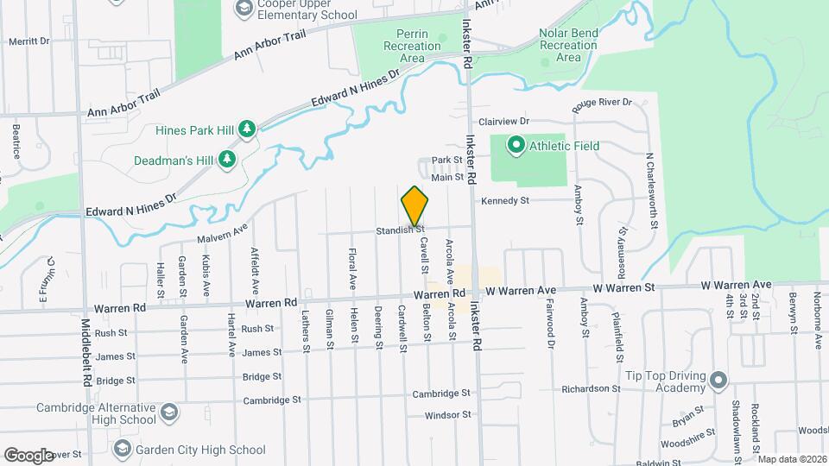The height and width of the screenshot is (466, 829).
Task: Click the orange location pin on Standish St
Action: pyautogui.click(x=415, y=205)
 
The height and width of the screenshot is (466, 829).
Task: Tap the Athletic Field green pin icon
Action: pyautogui.click(x=516, y=146)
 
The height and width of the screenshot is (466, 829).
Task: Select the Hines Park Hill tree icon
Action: pyautogui.click(x=247, y=129)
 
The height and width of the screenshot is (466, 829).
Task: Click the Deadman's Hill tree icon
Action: pyautogui.click(x=226, y=159)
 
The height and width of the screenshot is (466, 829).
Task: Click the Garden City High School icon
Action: pyautogui.click(x=123, y=449)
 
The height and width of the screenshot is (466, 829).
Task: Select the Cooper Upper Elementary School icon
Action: pyautogui.click(x=244, y=9)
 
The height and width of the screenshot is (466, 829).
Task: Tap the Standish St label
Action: pyautogui.click(x=399, y=230)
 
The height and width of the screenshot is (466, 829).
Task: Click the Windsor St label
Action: pyautogui.click(x=447, y=415)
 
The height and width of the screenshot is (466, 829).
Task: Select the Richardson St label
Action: pyautogui.click(x=592, y=389)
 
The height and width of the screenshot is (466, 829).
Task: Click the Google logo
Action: pyautogui.click(x=28, y=455)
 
